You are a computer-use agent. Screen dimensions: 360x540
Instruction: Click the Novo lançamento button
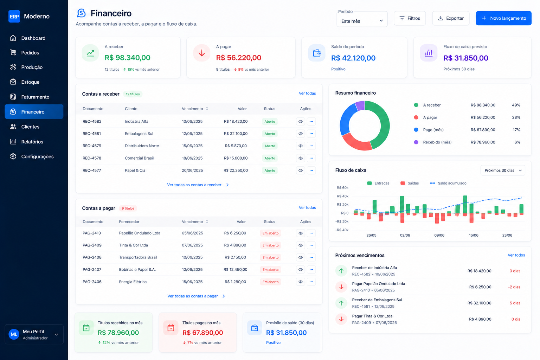[503, 18]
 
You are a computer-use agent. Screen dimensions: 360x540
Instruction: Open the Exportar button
[451, 18]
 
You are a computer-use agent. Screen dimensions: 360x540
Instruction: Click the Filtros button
[410, 18]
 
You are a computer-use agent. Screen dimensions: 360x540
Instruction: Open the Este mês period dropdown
[362, 21]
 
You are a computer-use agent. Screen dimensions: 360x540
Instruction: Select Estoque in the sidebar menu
[30, 82]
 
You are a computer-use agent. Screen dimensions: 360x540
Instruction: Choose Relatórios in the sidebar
[32, 142]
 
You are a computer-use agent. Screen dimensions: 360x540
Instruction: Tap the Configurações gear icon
[13, 156]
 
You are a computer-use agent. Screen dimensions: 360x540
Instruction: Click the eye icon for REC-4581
[301, 134]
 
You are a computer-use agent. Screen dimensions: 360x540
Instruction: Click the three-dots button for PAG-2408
[311, 257]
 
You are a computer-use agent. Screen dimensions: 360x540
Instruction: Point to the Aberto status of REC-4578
[270, 158]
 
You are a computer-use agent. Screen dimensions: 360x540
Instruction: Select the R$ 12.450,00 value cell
[235, 270]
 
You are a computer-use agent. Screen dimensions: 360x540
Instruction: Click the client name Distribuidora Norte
[142, 146]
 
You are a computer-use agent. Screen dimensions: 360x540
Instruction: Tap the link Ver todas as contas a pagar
[193, 296]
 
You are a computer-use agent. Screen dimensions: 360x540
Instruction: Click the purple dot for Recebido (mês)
[416, 142]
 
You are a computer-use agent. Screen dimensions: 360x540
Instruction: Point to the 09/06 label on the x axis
[439, 235]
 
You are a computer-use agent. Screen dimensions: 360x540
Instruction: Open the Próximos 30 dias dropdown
[503, 171]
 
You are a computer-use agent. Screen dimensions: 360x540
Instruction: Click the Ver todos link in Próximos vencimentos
[516, 255]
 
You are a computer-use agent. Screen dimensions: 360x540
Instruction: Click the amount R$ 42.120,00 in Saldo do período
[353, 58]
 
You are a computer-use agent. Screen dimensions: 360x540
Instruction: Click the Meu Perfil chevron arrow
[56, 334]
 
